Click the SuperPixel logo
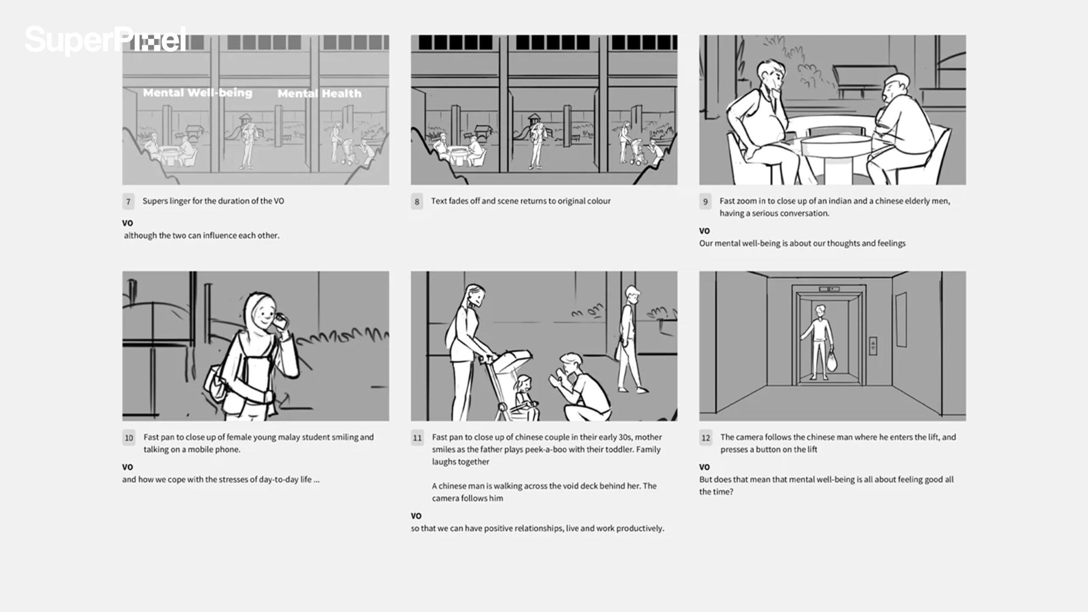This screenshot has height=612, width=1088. point(106,40)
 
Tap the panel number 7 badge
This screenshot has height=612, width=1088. point(128,202)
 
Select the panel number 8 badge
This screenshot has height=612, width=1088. point(417,202)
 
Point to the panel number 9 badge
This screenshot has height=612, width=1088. point(705,202)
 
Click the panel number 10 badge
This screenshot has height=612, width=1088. point(129,438)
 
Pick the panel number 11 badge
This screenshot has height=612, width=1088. point(417,438)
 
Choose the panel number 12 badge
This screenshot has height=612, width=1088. point(706,438)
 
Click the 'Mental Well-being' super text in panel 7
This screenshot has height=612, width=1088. point(198,93)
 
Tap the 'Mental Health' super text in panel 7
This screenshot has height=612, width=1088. point(319,93)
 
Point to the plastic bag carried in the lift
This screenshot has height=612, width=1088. point(832,361)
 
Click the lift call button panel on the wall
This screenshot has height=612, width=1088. point(873,346)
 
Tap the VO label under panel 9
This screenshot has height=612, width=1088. point(704,231)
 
